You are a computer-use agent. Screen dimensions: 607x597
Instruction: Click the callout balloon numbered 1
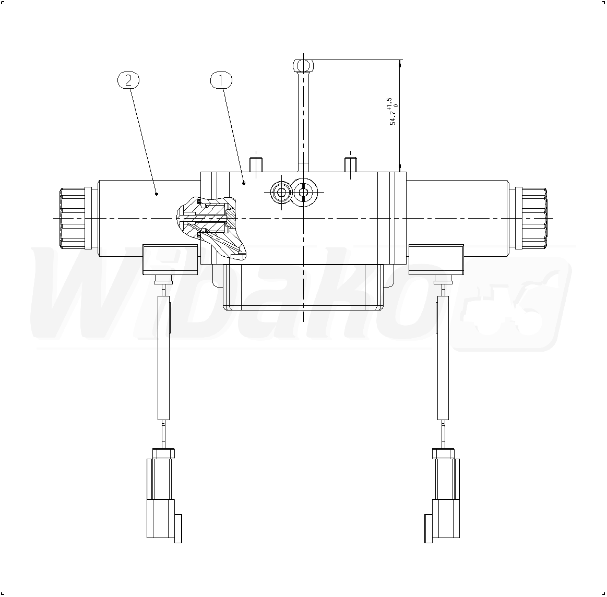coord(221,80)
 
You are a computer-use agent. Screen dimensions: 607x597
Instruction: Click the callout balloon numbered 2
coord(128,80)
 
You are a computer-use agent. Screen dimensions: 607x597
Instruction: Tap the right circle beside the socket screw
coord(304,192)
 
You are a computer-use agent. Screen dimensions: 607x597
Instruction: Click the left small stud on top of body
coord(256,164)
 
